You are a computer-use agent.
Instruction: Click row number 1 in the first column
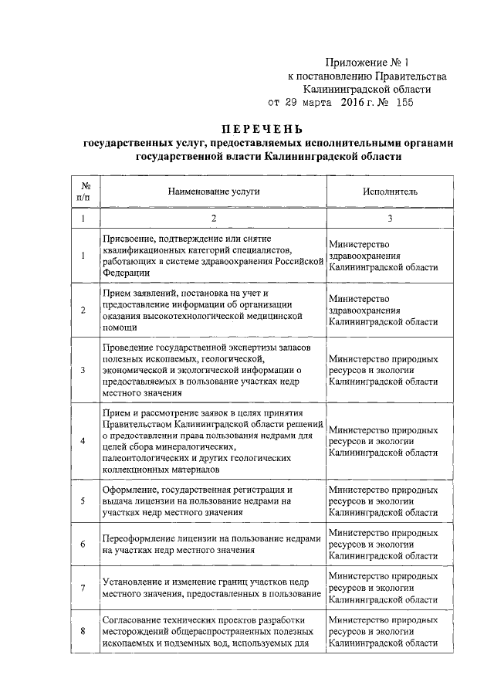(x=83, y=256)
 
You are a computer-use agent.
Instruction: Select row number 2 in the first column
(x=83, y=310)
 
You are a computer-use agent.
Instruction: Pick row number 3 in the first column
(x=83, y=370)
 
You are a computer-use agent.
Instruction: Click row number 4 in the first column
(x=83, y=441)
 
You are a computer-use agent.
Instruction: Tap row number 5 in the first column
(x=83, y=500)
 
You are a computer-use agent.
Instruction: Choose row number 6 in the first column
(x=83, y=544)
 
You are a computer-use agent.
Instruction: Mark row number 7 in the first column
(x=83, y=587)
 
